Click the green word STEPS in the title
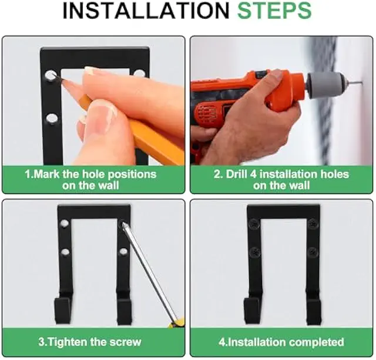coord(274,11)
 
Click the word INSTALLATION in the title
coord(146,11)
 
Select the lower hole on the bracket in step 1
coord(52,119)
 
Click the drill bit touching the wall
coord(353,83)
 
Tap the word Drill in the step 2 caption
coord(236,174)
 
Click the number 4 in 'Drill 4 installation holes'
coord(253,174)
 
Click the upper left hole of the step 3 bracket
coord(64,223)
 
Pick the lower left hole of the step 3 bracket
coord(65,252)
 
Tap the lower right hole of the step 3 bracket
coord(123,252)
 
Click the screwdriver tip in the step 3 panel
coord(125,225)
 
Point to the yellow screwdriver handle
coord(177,322)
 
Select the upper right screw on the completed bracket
coord(313,224)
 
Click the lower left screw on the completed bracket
coord(254,252)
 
